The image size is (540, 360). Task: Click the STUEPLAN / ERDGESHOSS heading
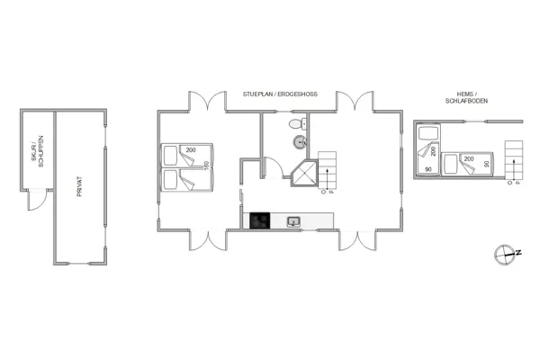coord(279,94)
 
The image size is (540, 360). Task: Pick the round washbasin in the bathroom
coord(299,142)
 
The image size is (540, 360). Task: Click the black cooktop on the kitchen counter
coord(260,220)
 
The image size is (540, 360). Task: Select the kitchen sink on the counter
coord(292,220)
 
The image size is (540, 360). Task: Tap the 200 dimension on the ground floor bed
coord(192,149)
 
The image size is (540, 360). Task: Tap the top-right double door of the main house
coord(356,100)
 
